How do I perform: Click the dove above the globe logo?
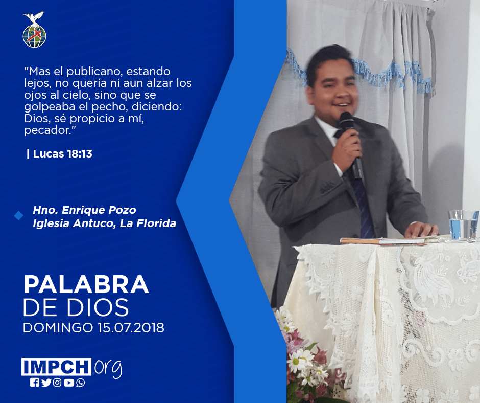click(x=33, y=17)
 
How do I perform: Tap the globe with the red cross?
click(x=34, y=36)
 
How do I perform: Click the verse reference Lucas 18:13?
click(x=63, y=153)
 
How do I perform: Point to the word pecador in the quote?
click(x=48, y=130)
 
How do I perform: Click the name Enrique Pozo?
click(x=99, y=210)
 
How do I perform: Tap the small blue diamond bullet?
click(x=19, y=216)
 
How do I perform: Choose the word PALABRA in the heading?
click(x=86, y=285)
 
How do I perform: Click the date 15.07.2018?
click(x=131, y=327)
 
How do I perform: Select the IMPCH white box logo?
click(x=56, y=367)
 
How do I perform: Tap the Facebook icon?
click(x=34, y=383)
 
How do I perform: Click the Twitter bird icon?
click(x=46, y=383)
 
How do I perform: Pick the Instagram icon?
click(x=57, y=383)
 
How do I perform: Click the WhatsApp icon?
click(x=81, y=383)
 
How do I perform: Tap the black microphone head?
click(x=347, y=120)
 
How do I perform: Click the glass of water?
click(x=463, y=225)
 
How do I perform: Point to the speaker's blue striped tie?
click(x=361, y=203)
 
